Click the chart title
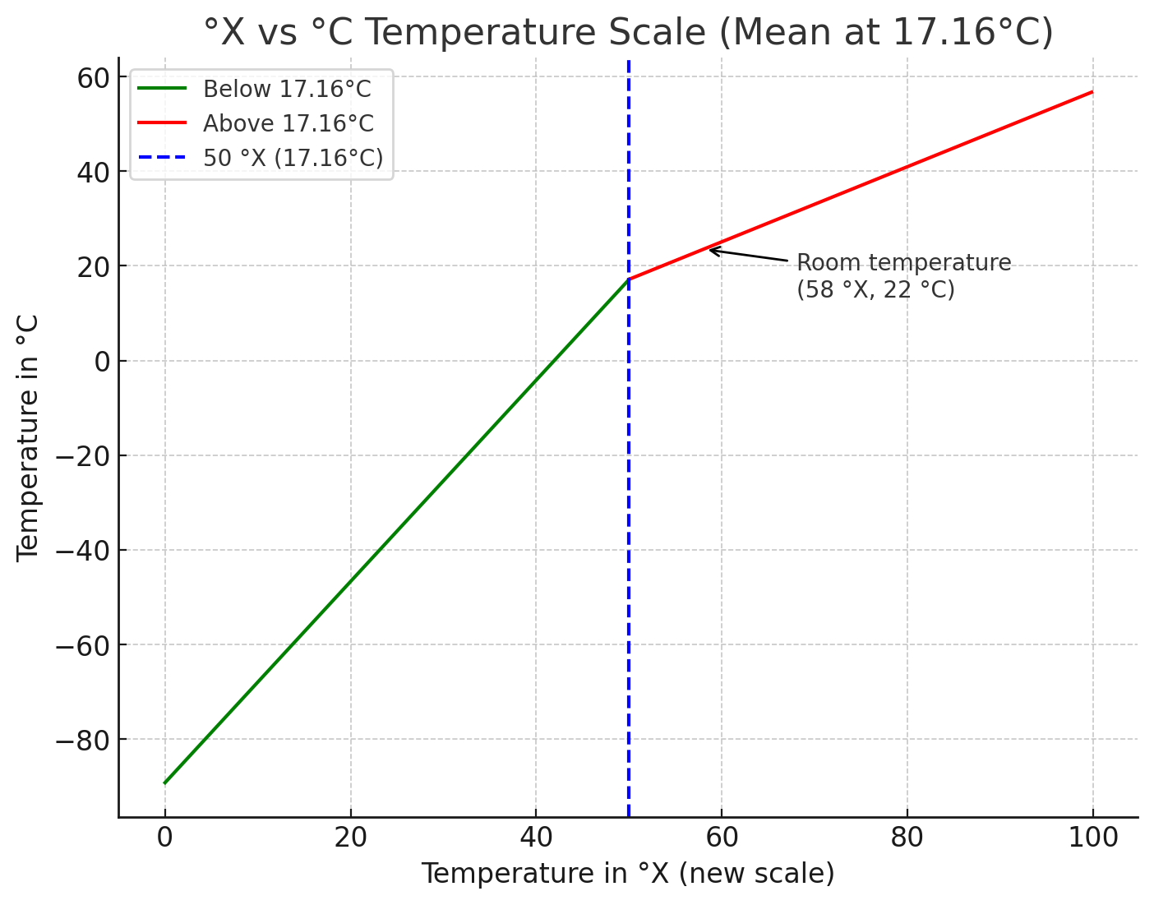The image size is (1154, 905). [628, 33]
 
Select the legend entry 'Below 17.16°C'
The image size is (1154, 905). [287, 89]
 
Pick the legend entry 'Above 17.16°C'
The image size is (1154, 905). [288, 123]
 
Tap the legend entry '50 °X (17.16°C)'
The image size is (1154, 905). [293, 158]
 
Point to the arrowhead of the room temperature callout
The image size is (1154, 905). [710, 249]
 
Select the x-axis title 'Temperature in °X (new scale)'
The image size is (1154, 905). [628, 873]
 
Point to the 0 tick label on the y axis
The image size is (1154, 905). [102, 361]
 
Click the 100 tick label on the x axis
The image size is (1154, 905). [1092, 838]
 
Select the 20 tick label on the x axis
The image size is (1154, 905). [350, 838]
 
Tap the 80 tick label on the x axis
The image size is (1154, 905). [907, 838]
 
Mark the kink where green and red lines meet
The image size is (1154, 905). [629, 279]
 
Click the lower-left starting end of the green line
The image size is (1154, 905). [165, 783]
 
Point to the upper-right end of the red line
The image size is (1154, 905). [1092, 92]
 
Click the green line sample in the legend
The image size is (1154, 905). [162, 89]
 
